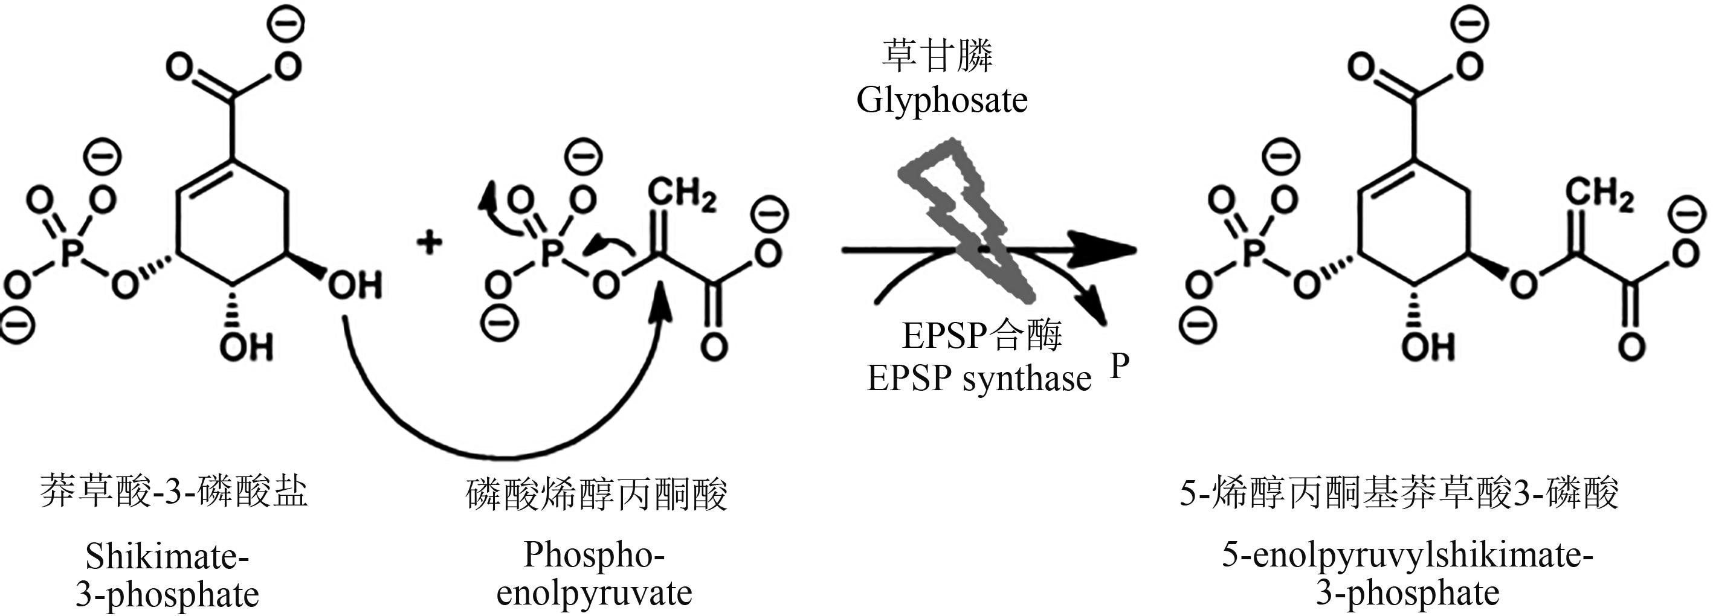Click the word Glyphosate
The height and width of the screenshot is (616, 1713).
(x=941, y=101)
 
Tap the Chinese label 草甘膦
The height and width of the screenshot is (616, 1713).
(x=937, y=55)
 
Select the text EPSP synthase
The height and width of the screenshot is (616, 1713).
(x=979, y=379)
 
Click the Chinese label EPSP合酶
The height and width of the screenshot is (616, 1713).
(x=981, y=335)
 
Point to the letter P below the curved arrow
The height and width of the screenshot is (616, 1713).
(x=1119, y=365)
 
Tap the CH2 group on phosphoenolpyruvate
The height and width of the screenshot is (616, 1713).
(x=682, y=194)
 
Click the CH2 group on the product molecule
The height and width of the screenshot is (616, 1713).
(x=1599, y=194)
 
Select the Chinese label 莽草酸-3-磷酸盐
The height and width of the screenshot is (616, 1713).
(x=173, y=492)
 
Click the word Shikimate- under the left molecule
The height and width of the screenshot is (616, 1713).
(x=167, y=556)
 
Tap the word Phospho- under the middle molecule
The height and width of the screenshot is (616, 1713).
(x=594, y=554)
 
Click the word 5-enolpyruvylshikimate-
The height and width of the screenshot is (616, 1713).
(x=1407, y=555)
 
